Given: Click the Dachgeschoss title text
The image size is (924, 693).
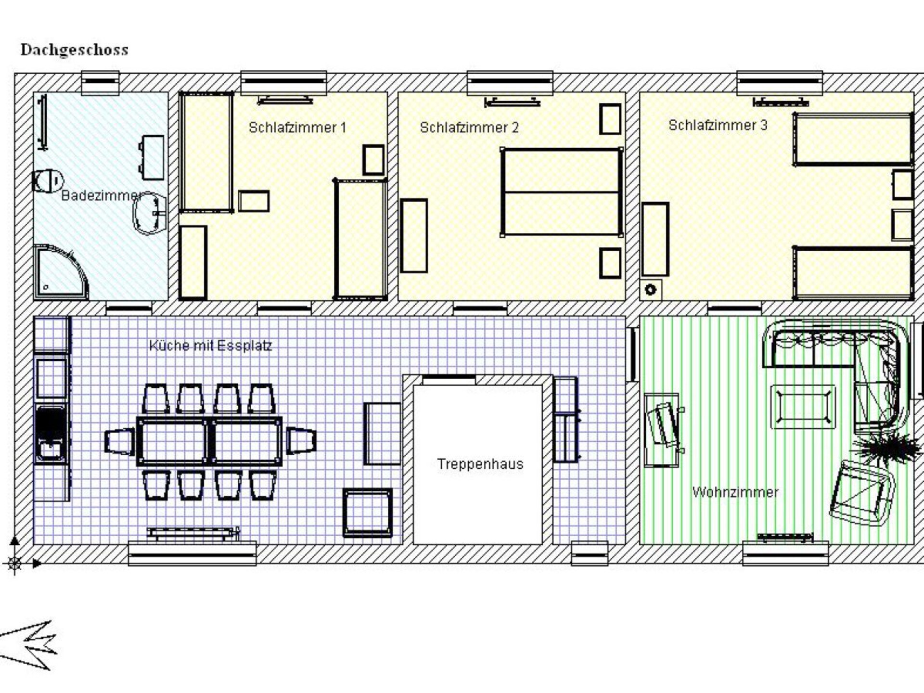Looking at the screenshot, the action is [75, 50].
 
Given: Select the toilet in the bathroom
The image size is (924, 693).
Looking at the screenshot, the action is [48, 181].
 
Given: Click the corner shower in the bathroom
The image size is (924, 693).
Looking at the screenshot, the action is [61, 272].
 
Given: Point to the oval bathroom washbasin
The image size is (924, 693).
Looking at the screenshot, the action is [150, 214].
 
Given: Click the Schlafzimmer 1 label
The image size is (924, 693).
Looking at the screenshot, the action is [297, 128].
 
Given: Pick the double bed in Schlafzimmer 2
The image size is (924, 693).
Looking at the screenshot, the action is [561, 192].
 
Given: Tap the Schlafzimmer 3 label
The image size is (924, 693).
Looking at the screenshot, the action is [718, 125].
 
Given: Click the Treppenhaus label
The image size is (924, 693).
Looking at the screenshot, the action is [480, 464].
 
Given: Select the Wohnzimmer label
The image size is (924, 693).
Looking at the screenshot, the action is [735, 492].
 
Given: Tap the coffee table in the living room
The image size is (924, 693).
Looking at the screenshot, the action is [803, 407].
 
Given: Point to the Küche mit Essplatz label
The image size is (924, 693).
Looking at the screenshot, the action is [211, 346].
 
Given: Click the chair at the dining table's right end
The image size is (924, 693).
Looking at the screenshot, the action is [301, 441].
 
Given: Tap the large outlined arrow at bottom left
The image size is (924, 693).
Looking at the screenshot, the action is [28, 645].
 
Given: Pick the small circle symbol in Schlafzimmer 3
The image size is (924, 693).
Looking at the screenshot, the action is [651, 290].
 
